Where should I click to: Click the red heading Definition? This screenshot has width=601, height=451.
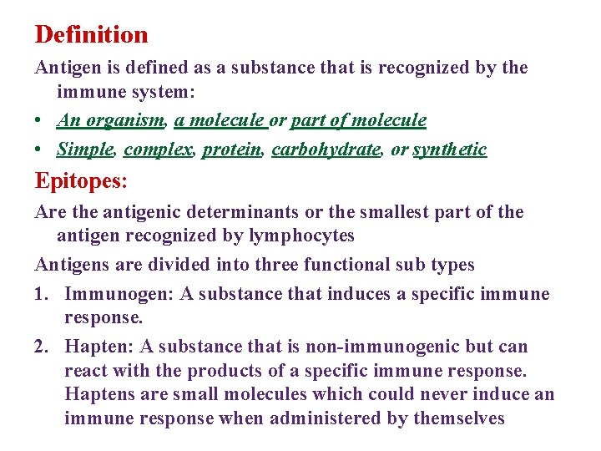point(91,35)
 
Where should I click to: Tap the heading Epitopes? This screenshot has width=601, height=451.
point(82,180)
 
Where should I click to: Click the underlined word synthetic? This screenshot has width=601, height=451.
point(449,149)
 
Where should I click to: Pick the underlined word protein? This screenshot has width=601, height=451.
point(231,149)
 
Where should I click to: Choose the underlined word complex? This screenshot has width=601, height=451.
point(159,149)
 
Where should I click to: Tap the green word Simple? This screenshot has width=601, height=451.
point(84,149)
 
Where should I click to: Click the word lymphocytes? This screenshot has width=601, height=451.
point(301,236)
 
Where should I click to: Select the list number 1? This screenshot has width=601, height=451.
point(42,294)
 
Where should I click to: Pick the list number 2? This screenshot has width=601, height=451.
point(42,347)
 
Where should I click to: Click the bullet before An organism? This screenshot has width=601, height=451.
point(40,121)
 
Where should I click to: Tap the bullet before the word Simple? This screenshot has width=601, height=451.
point(40,150)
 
